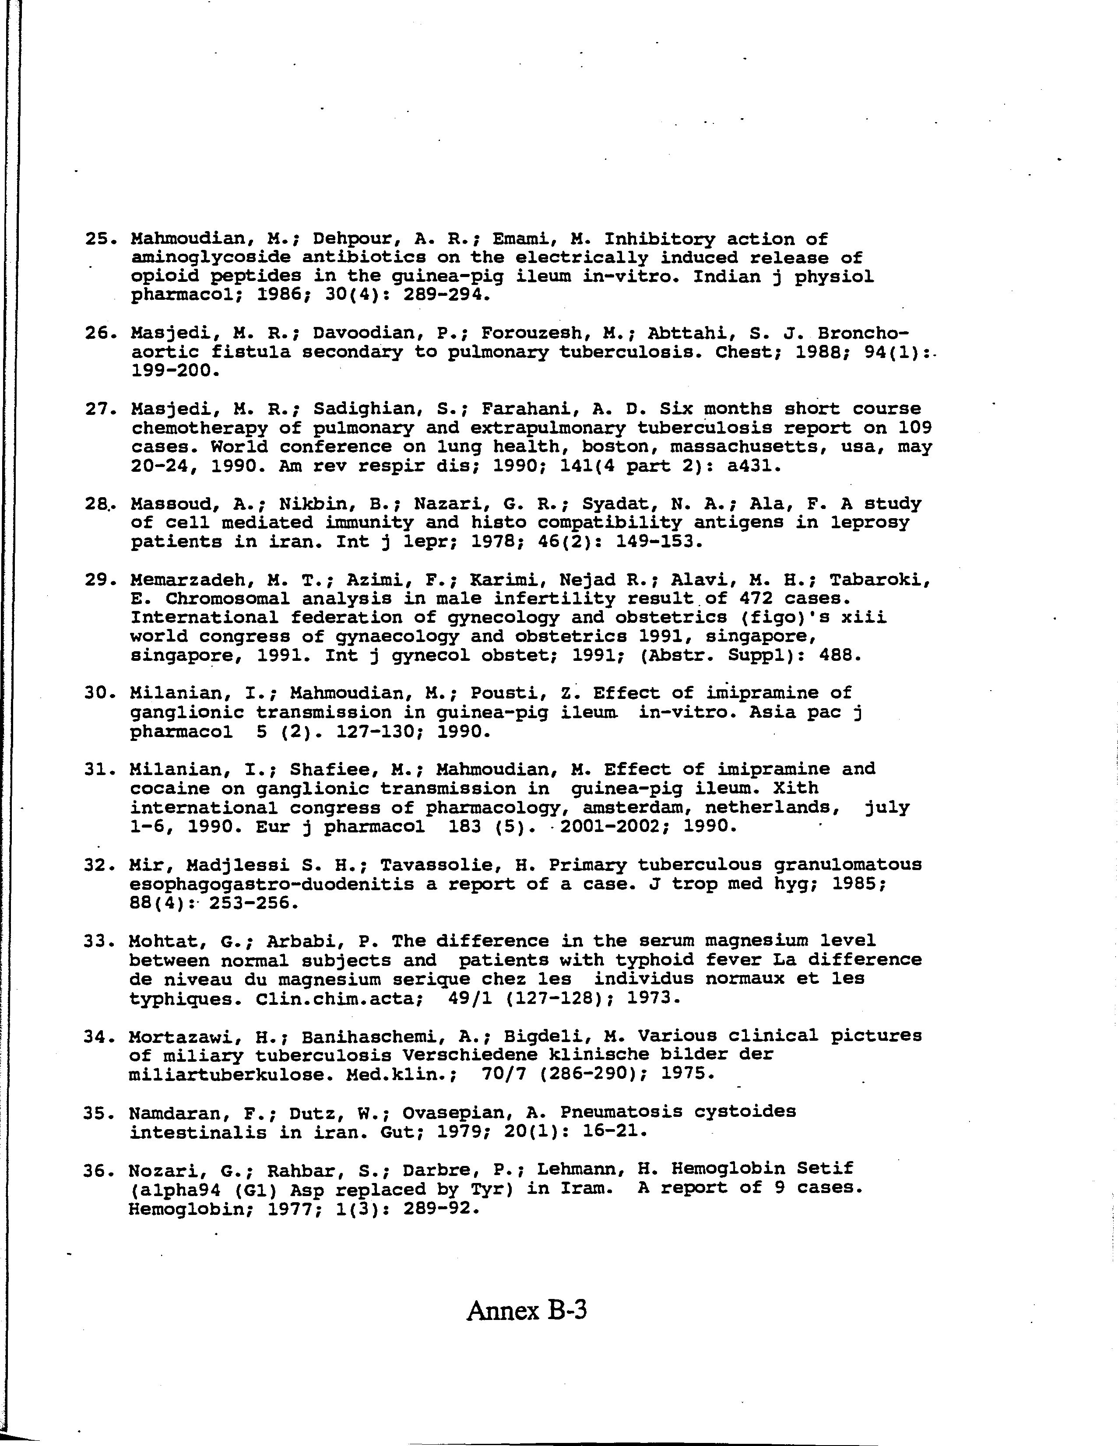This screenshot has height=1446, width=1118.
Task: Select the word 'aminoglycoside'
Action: coord(210,257)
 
